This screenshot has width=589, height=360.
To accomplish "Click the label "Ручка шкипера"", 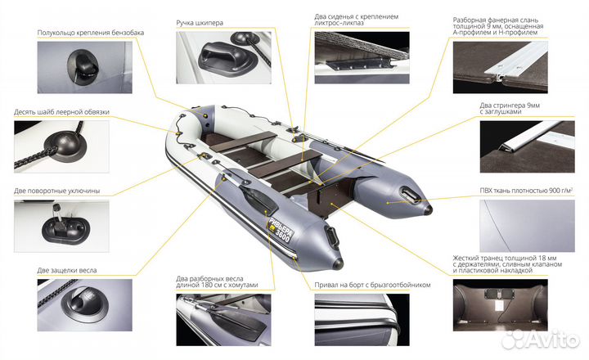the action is click(200, 23).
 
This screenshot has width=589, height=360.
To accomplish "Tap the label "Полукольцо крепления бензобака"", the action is click(91, 33).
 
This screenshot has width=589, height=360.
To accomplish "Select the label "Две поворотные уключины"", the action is click(57, 191).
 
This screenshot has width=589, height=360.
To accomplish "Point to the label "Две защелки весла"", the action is click(67, 270).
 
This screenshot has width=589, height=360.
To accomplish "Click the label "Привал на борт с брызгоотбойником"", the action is click(372, 285).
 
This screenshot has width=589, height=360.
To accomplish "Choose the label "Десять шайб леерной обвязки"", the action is click(61, 112).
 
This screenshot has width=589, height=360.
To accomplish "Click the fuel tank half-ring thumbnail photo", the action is click(85, 67).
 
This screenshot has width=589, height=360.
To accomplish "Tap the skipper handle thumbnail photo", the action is click(223, 57).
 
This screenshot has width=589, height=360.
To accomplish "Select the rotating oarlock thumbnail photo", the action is click(61, 226).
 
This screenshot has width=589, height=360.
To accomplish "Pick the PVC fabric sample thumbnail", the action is click(527, 226).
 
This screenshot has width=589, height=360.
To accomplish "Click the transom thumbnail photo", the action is click(500, 305).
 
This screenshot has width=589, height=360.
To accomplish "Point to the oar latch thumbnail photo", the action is click(85, 305).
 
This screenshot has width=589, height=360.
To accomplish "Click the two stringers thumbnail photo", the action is click(527, 146).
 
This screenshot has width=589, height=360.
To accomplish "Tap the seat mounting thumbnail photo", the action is click(362, 57).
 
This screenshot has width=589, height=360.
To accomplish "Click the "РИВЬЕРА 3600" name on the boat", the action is click(281, 230).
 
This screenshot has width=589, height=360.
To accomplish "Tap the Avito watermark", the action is click(540, 340).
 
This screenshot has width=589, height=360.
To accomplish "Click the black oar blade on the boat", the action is click(259, 198).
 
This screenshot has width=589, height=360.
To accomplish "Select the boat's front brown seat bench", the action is click(243, 142).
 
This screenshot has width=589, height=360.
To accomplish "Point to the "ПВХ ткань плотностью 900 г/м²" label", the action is click(526, 191).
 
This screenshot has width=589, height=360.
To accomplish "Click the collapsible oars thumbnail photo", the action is click(223, 320).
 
